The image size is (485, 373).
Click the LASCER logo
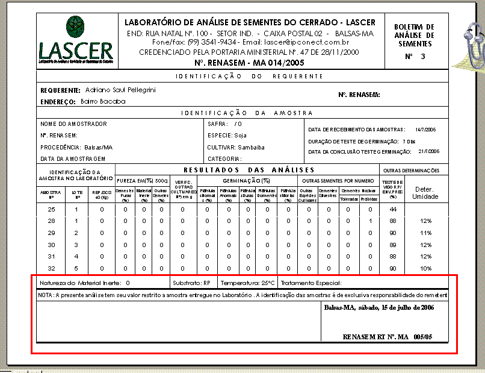[x=76, y=40]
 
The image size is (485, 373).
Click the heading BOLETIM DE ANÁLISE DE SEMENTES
[x=413, y=36]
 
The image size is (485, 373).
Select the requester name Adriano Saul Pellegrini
[x=120, y=90]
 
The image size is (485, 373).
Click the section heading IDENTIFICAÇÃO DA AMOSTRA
[x=247, y=113]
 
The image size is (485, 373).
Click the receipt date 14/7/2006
[x=425, y=130]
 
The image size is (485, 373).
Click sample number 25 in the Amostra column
[x=51, y=210]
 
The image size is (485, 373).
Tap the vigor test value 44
[x=392, y=210]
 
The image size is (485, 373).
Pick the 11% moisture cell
[x=425, y=233]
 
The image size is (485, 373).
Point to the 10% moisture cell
[x=425, y=268]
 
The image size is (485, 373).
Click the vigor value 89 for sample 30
[x=392, y=245]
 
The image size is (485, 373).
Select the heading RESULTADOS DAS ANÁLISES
[x=247, y=170]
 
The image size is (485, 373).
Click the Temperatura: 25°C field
[x=247, y=283]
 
